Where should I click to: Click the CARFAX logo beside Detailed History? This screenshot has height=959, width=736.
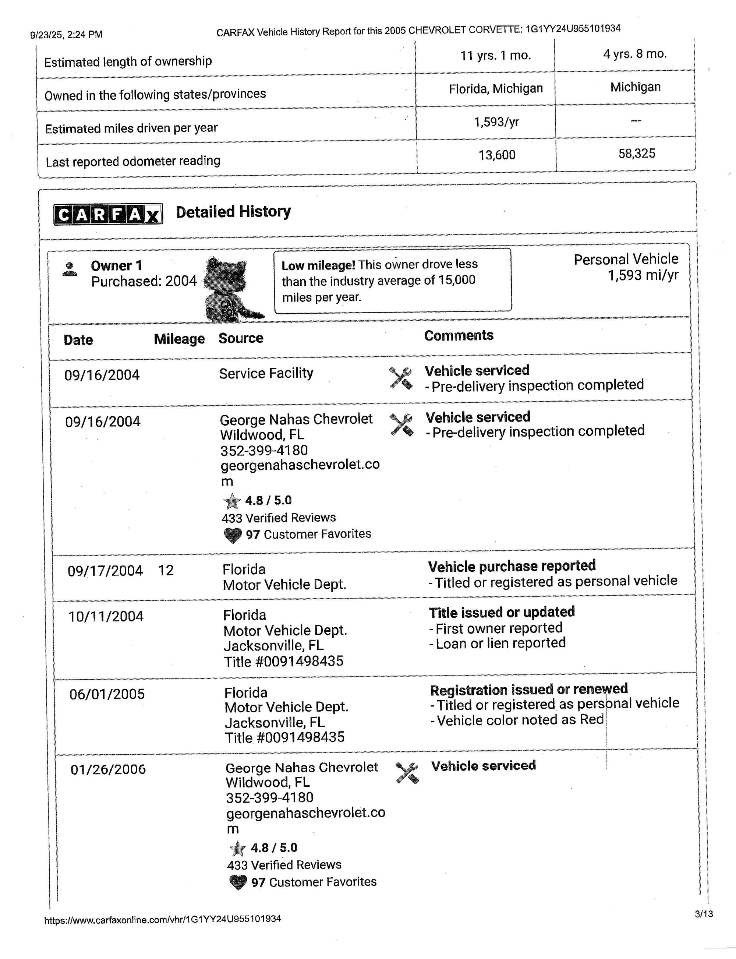click(108, 214)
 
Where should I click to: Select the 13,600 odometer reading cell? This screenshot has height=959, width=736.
click(497, 155)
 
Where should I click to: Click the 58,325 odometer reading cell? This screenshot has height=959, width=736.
click(637, 154)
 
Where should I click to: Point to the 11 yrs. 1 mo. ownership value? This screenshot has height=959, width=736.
click(495, 56)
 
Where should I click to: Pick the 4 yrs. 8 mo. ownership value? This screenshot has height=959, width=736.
click(635, 54)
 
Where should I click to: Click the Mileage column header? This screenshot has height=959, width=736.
click(179, 339)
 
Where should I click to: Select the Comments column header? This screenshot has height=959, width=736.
click(459, 335)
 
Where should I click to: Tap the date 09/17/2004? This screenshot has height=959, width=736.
click(105, 571)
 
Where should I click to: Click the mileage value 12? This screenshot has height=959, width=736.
click(166, 570)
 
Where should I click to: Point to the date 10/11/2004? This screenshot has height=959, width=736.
click(106, 616)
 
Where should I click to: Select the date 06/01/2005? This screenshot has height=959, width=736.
click(107, 694)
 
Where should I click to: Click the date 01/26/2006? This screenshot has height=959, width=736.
click(108, 769)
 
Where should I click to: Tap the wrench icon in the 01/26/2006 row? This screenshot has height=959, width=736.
click(407, 773)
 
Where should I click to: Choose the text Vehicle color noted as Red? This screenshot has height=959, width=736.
click(520, 720)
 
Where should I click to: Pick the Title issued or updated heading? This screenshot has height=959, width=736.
click(502, 612)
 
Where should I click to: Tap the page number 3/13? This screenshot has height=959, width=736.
click(704, 914)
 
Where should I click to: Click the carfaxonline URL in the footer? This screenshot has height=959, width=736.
click(163, 919)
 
